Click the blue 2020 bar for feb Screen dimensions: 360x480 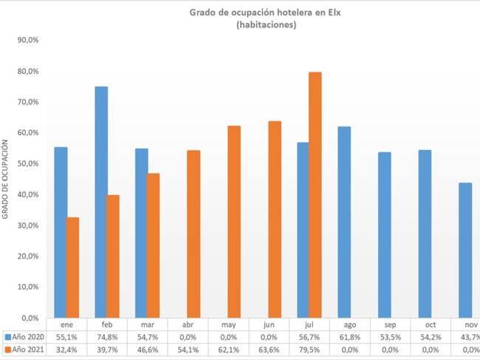(x=101, y=202)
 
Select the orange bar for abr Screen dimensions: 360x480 (x=193, y=234)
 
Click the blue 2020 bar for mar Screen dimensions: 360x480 (x=142, y=233)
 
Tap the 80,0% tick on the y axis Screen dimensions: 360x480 (x=28, y=72)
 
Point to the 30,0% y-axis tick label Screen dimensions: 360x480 (x=28, y=225)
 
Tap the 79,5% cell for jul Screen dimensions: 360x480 (x=310, y=347)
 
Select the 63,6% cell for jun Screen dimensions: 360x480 (x=270, y=347)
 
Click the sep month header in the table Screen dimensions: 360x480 (x=391, y=324)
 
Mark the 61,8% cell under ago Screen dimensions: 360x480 (x=351, y=336)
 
